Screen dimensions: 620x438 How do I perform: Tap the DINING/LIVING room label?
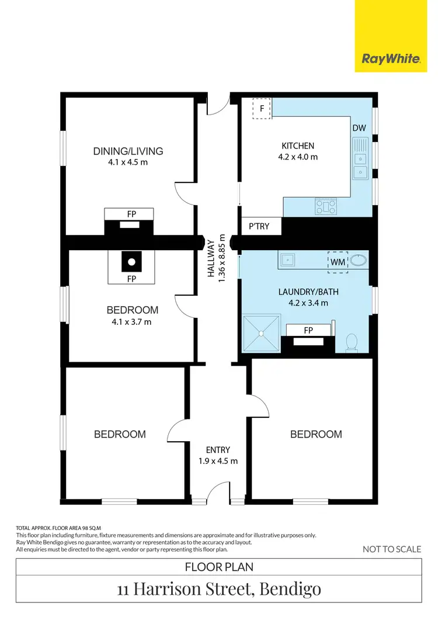[x=128, y=151]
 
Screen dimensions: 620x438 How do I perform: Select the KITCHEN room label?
[x=298, y=146]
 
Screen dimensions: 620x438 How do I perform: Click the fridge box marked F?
[x=262, y=109]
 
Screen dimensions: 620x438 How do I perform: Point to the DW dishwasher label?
[x=359, y=128]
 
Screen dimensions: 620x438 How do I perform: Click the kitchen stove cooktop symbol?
[x=326, y=206]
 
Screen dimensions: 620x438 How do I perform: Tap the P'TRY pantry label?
[x=259, y=226]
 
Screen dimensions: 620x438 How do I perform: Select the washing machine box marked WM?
[x=338, y=262]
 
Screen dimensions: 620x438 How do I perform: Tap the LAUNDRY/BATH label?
[x=308, y=292]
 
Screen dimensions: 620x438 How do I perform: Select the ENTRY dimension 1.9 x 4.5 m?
[x=218, y=460]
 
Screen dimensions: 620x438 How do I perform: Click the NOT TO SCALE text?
[x=391, y=549]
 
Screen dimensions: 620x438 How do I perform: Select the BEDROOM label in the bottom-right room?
[x=316, y=434]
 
